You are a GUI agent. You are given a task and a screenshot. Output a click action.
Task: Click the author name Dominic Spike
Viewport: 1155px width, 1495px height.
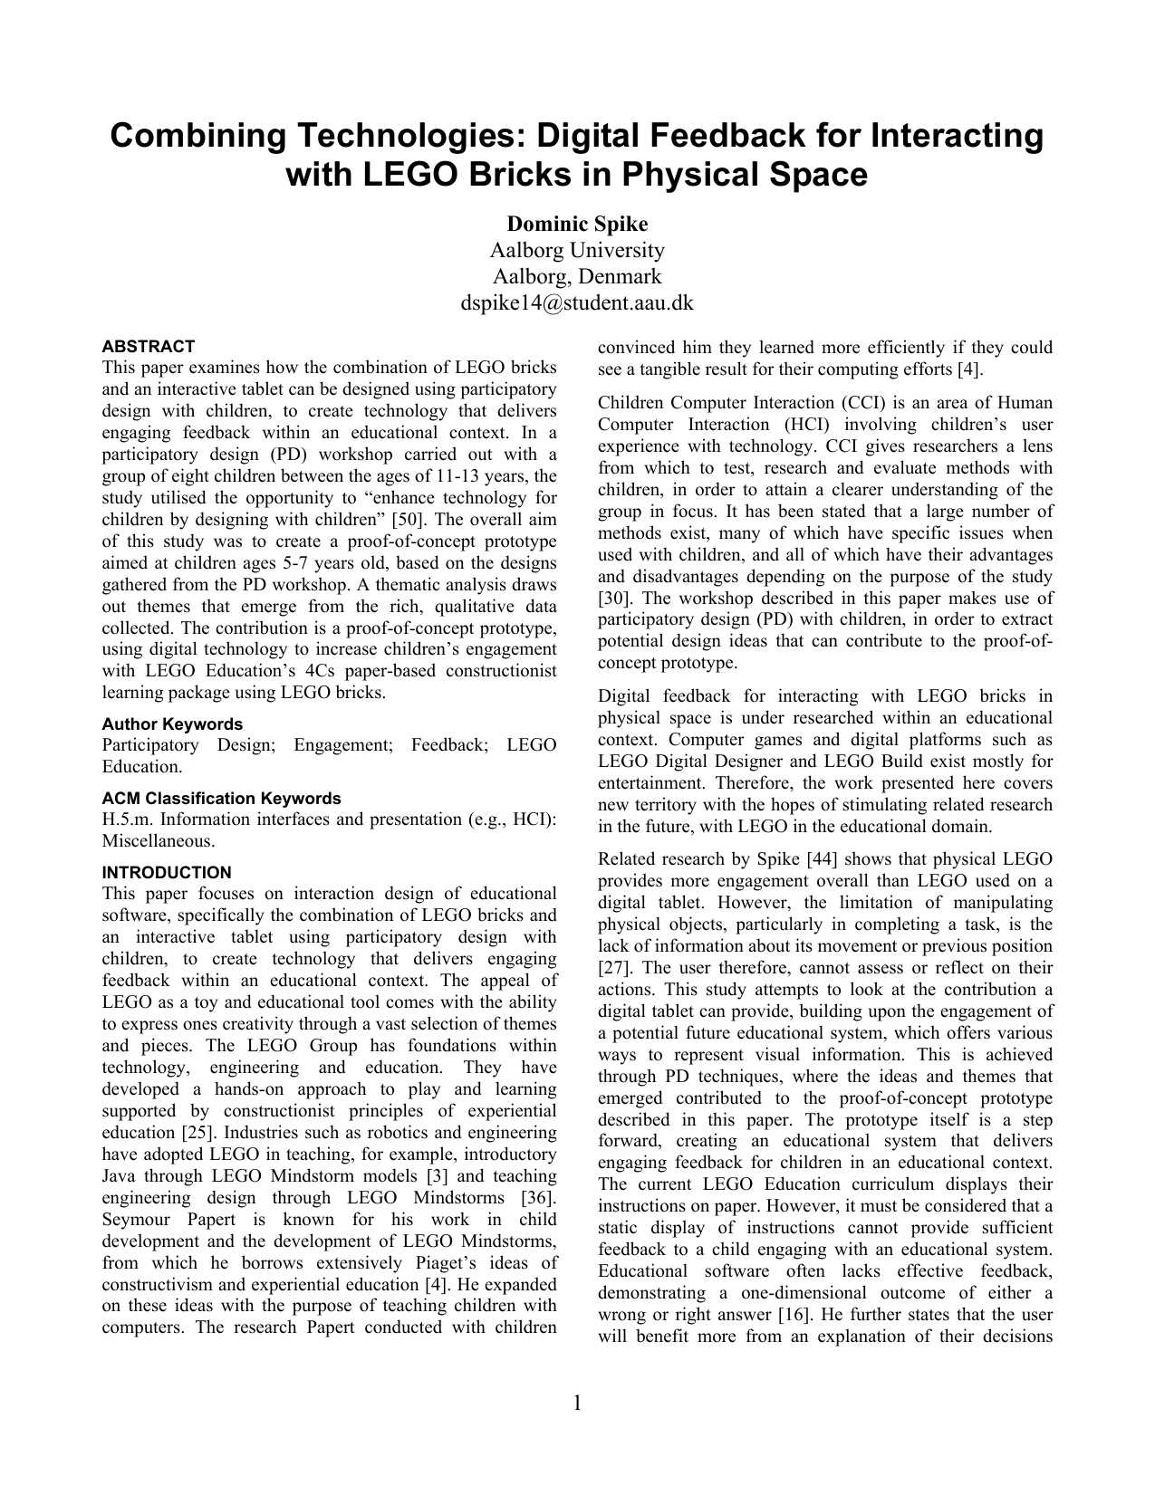(x=577, y=224)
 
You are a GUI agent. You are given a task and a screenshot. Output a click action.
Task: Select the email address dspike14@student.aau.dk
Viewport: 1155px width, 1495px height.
(x=577, y=302)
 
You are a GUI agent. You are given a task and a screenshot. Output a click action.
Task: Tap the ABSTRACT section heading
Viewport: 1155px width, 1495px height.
(x=148, y=347)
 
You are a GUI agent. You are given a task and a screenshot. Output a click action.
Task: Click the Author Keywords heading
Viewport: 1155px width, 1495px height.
(x=172, y=724)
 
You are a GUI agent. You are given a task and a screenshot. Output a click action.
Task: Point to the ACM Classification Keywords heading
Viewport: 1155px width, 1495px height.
(x=221, y=799)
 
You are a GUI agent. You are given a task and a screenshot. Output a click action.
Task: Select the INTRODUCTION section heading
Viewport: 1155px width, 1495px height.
(x=167, y=873)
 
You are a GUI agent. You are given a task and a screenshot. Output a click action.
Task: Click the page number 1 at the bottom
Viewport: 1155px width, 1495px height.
(x=577, y=1404)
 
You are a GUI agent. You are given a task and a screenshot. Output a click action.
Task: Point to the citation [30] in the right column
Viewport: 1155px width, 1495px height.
(x=613, y=599)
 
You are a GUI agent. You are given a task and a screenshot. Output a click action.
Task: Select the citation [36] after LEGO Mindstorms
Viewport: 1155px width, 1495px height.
(x=538, y=1198)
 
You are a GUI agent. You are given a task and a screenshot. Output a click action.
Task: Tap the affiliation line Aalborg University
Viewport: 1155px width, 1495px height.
(x=577, y=250)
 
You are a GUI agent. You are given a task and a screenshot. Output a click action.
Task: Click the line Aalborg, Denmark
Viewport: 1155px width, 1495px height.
(x=577, y=276)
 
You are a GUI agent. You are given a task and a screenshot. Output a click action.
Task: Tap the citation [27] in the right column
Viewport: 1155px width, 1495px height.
(x=613, y=968)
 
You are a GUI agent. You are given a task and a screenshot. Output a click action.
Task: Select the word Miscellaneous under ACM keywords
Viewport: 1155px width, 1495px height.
(x=159, y=841)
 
